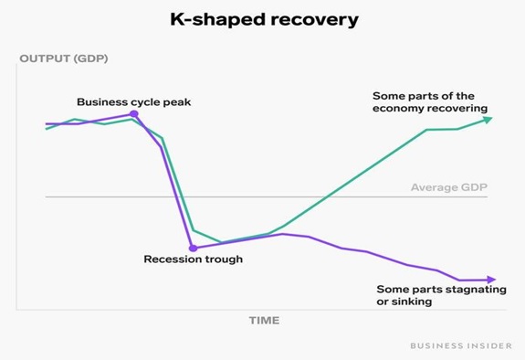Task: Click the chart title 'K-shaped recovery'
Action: (262, 19)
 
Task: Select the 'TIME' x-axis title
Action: (264, 321)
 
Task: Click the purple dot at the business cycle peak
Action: (134, 114)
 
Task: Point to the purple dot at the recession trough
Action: (192, 247)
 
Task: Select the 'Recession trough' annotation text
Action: (194, 259)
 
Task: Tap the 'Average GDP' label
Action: (448, 188)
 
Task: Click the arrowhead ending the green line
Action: (488, 119)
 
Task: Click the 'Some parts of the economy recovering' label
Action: (429, 101)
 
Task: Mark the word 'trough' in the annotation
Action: (223, 259)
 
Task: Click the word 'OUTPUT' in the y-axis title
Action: (41, 60)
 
